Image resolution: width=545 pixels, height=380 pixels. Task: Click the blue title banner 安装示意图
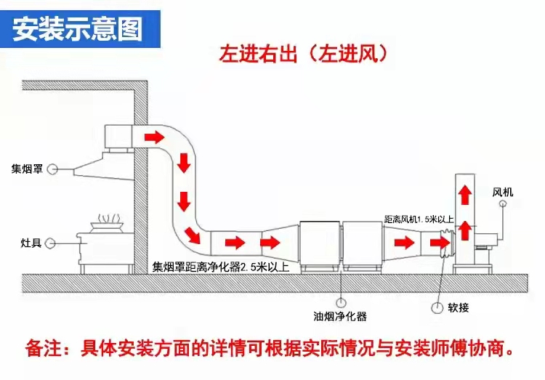(78, 30)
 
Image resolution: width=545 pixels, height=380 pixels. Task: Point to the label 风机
(503, 193)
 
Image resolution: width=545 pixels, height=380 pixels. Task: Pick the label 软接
(459, 307)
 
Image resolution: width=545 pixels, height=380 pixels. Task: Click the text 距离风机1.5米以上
(419, 219)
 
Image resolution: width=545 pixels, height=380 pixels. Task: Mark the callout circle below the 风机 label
(503, 206)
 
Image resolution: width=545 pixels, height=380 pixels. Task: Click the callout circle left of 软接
(438, 308)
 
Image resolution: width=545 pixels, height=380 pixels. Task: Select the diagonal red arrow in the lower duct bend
(193, 235)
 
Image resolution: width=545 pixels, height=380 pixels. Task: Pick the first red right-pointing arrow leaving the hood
(155, 135)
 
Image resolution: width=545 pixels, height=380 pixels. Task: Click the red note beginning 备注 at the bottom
(272, 347)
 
